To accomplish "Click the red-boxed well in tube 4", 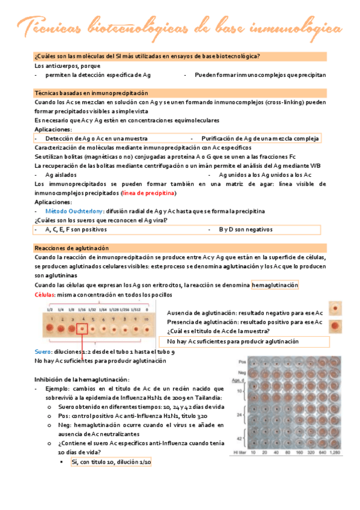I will click(82, 329).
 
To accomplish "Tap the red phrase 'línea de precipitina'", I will click(149, 193).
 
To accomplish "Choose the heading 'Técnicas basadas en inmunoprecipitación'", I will click(91, 93).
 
